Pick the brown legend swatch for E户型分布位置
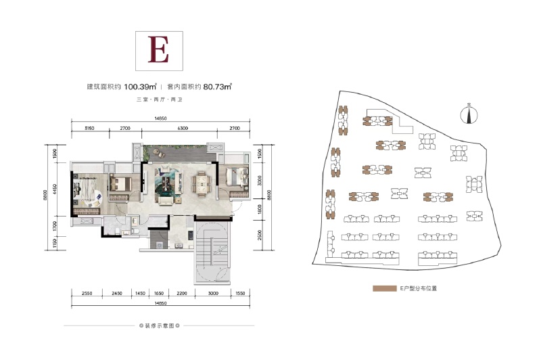[x=383, y=288]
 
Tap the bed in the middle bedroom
[x=120, y=183]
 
